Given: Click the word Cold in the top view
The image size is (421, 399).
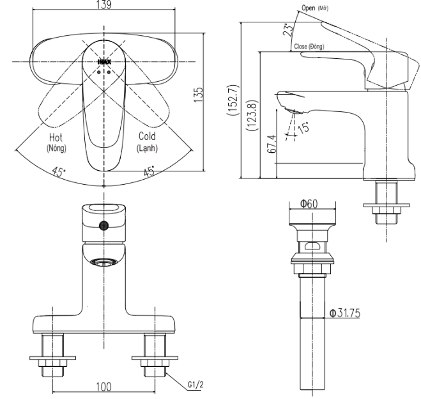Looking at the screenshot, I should click(148, 137).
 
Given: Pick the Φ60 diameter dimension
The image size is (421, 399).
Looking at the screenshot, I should click(310, 204).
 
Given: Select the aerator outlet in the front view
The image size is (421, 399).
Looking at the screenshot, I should click(103, 262).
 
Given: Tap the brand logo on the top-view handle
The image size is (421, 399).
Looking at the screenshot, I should click(103, 61).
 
